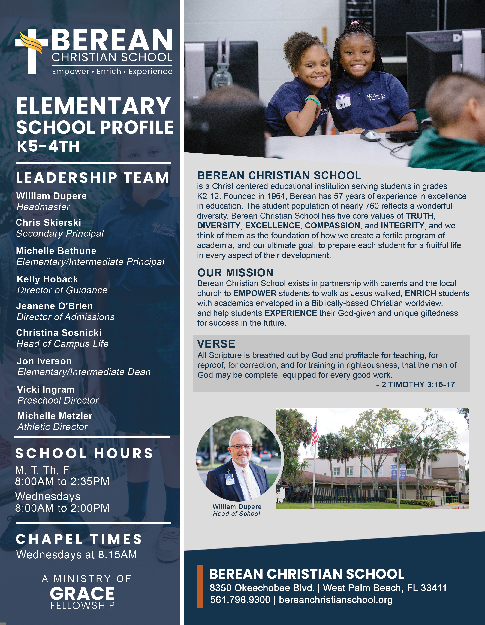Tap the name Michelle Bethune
[x=56, y=251]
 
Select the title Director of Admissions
[x=65, y=317]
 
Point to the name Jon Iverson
[x=44, y=361]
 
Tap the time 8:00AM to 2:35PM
[x=62, y=481]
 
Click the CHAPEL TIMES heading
[x=79, y=539]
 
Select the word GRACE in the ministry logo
[x=82, y=593]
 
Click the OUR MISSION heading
[x=235, y=273]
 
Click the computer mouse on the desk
[x=370, y=135]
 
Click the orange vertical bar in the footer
[x=200, y=586]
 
